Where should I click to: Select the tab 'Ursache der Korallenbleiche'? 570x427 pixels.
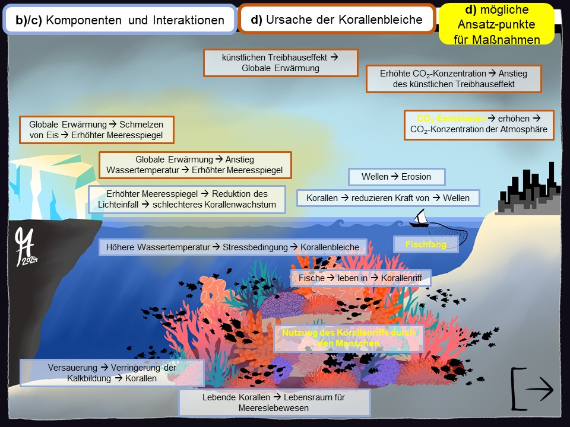pos(337,20)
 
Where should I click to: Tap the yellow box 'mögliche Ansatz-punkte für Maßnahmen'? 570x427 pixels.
pos(496,24)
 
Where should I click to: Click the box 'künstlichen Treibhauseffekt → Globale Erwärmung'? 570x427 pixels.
pos(280,63)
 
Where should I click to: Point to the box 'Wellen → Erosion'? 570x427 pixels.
pos(397,177)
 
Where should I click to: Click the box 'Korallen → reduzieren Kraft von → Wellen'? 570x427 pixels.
pos(388,197)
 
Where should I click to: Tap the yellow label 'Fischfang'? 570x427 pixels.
pos(426,244)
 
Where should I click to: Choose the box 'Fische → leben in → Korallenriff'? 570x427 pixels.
pos(360,278)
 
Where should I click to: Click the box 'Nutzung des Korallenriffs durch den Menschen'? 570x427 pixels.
pos(349,338)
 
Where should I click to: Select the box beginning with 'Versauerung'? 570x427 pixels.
pos(112,372)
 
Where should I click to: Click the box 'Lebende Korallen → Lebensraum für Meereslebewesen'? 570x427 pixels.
pos(274,402)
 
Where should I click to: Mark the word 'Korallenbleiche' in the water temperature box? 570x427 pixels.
pos(330,247)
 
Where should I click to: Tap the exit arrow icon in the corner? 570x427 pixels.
pos(532,389)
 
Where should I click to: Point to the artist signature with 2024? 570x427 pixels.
pos(27,246)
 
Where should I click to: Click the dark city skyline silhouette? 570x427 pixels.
pos(528,190)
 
